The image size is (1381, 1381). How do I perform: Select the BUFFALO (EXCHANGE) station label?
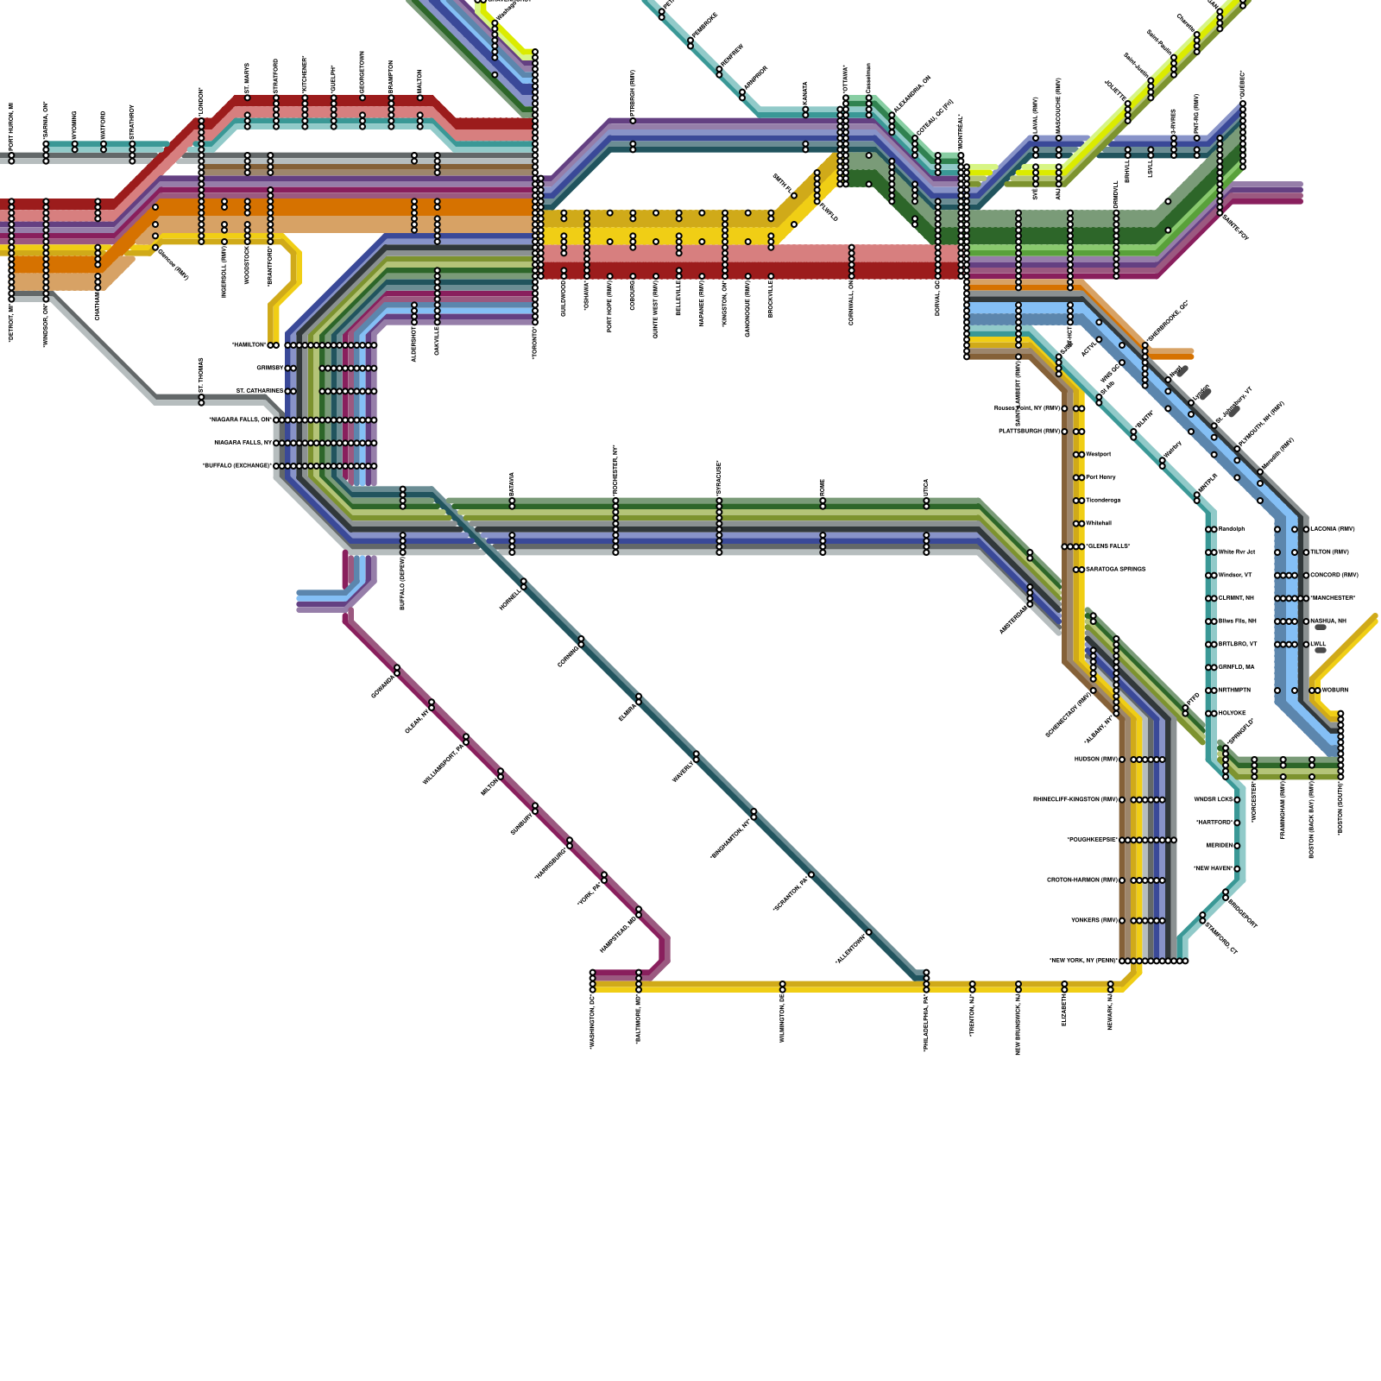pos(236,466)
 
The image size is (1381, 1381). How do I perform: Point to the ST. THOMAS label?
pos(201,376)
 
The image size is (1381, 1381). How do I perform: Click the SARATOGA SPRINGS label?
pos(1115,570)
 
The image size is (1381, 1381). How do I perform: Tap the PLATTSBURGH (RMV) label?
pos(1029,432)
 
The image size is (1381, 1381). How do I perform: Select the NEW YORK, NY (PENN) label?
pos(1083,961)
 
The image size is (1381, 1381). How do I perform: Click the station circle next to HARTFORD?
pos(1237,823)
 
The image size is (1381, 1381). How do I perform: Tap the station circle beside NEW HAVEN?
pos(1237,869)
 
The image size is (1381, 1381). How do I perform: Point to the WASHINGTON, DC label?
pos(593,1021)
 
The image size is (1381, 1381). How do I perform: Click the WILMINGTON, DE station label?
pos(782,1018)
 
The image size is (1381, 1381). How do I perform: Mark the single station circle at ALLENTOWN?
pos(868,932)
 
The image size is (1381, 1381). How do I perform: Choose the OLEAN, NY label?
pos(417,722)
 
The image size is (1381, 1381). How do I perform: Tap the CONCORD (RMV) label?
pos(1334,576)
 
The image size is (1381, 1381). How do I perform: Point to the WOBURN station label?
pos(1335,690)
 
